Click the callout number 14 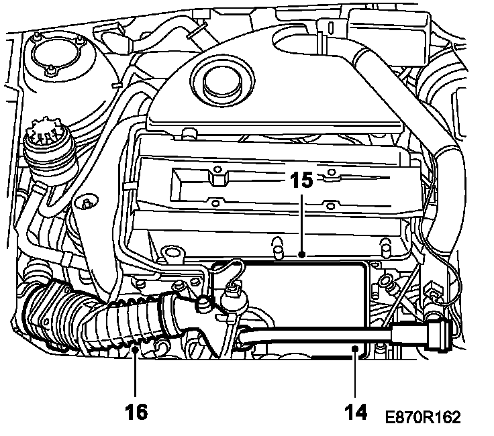coord(357,411)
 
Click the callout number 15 coord(302,180)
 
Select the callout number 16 coord(136,411)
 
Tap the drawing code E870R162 coord(422,417)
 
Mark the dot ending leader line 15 coord(303,255)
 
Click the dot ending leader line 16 coord(136,350)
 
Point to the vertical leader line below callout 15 coord(303,221)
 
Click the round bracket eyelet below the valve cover coord(173,254)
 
